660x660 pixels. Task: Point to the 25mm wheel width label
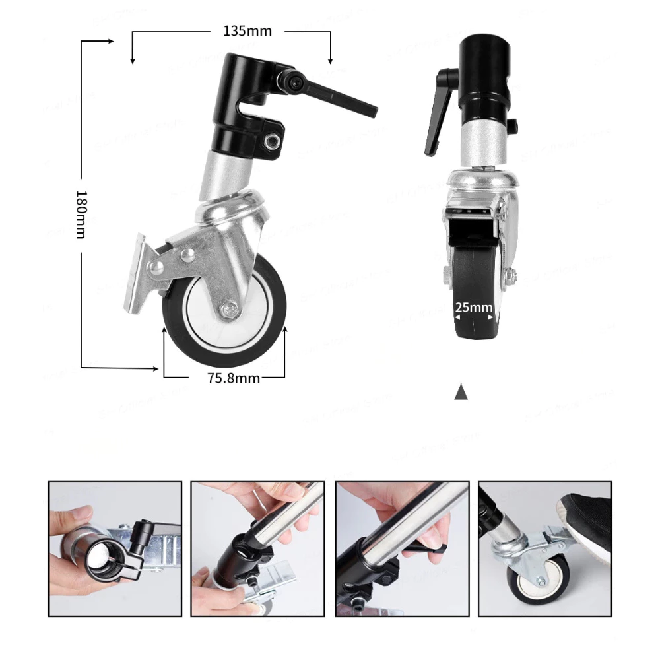(x=474, y=307)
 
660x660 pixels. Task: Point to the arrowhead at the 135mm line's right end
(x=330, y=60)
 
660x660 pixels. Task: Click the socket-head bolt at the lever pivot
(x=294, y=81)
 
